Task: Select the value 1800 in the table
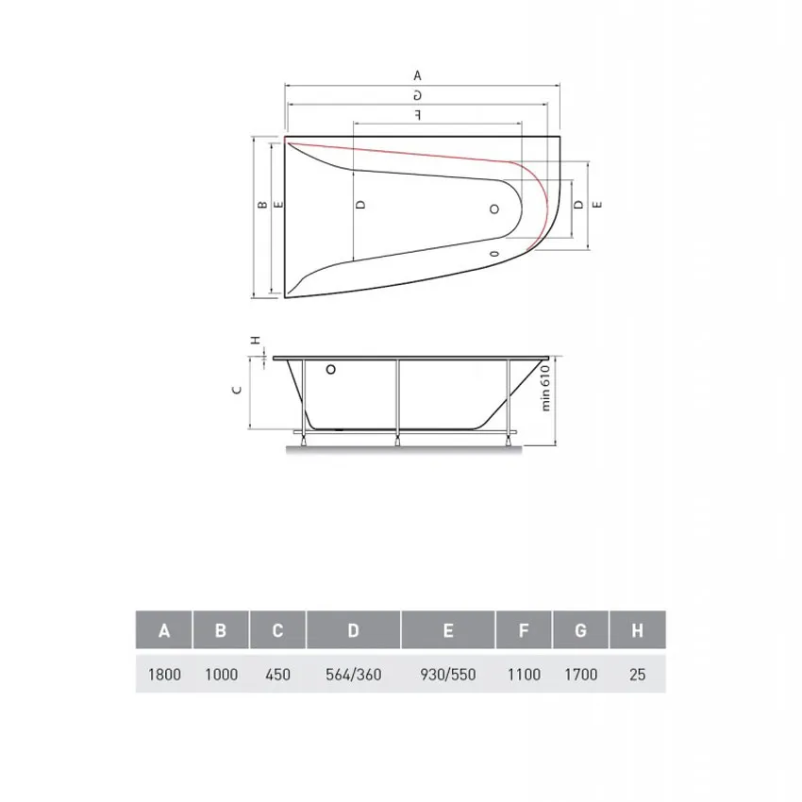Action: (x=164, y=675)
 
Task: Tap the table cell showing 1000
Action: (x=221, y=675)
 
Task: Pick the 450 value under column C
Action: (x=277, y=675)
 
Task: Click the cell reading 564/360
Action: (x=354, y=675)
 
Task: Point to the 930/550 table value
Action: (x=448, y=675)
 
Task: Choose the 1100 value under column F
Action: (x=524, y=675)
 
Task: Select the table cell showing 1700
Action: (x=580, y=675)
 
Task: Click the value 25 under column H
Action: (x=637, y=675)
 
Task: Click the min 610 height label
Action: (x=544, y=387)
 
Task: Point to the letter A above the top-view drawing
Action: (x=417, y=75)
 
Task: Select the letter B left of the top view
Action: (x=260, y=204)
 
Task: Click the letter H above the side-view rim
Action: (x=253, y=341)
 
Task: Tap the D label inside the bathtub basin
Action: (x=360, y=204)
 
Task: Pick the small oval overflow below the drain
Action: (x=494, y=253)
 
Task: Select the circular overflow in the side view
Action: (x=329, y=371)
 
